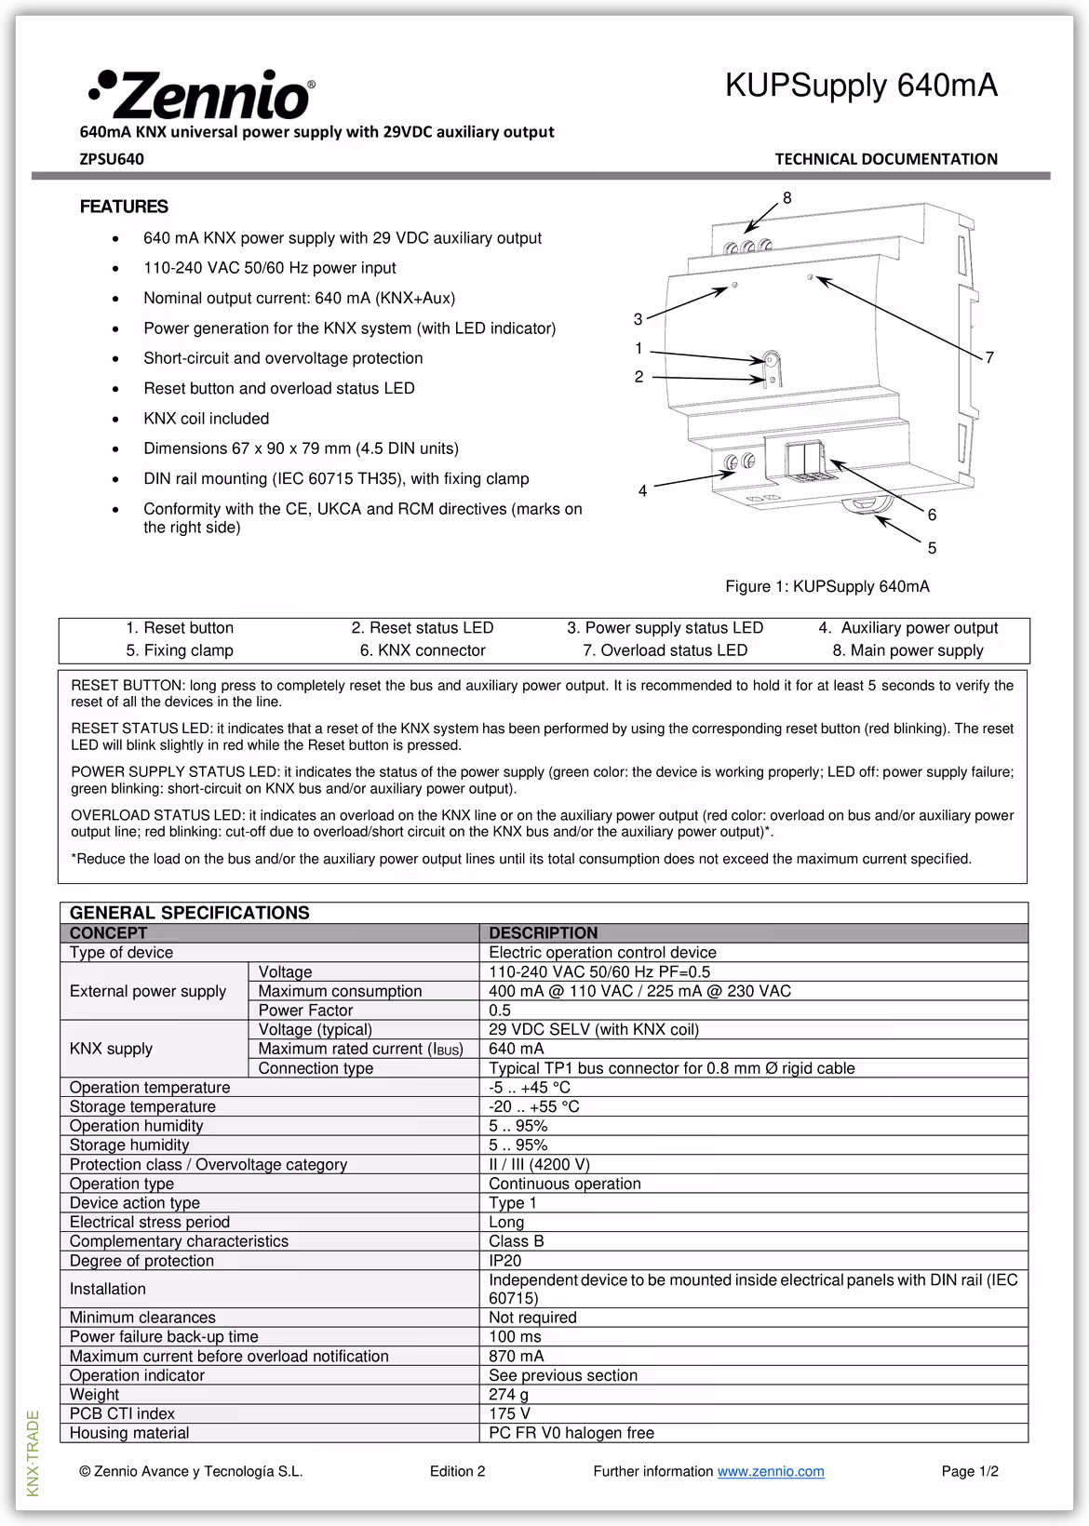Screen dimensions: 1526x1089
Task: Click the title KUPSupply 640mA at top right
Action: pos(861,86)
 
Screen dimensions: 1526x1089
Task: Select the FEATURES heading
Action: pos(124,207)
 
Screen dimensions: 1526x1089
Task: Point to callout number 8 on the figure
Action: pos(787,198)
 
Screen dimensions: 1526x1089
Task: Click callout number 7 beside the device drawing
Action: pos(989,357)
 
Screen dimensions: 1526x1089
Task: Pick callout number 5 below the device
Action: pos(932,548)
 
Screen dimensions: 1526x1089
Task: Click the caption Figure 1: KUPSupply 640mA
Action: pos(827,586)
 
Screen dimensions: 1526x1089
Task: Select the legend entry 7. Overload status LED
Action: pos(665,650)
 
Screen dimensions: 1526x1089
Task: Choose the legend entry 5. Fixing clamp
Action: pos(180,650)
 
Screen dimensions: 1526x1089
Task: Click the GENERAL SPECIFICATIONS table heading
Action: pos(189,913)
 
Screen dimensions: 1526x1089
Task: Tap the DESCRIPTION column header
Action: pos(544,933)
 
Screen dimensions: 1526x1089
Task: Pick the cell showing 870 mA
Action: pos(517,1356)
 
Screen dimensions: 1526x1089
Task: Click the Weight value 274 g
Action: pos(508,1394)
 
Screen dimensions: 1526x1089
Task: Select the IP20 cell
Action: pos(505,1261)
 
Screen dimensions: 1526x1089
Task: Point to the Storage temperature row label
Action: pos(142,1106)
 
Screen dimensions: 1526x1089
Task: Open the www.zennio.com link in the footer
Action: pos(771,1471)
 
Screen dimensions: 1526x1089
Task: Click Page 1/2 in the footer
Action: pos(970,1471)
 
